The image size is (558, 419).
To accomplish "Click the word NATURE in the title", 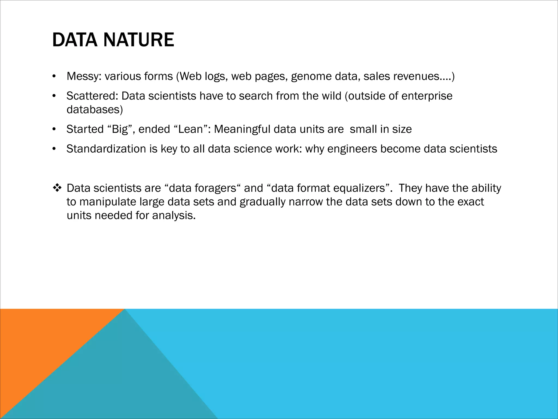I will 139,40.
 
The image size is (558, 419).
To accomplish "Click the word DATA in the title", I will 74,40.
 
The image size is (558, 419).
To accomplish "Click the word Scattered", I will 92,96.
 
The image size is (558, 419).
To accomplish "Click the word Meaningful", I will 242,129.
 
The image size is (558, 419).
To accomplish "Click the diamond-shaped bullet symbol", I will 57,188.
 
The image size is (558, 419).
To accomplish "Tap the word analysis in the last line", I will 174,216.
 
